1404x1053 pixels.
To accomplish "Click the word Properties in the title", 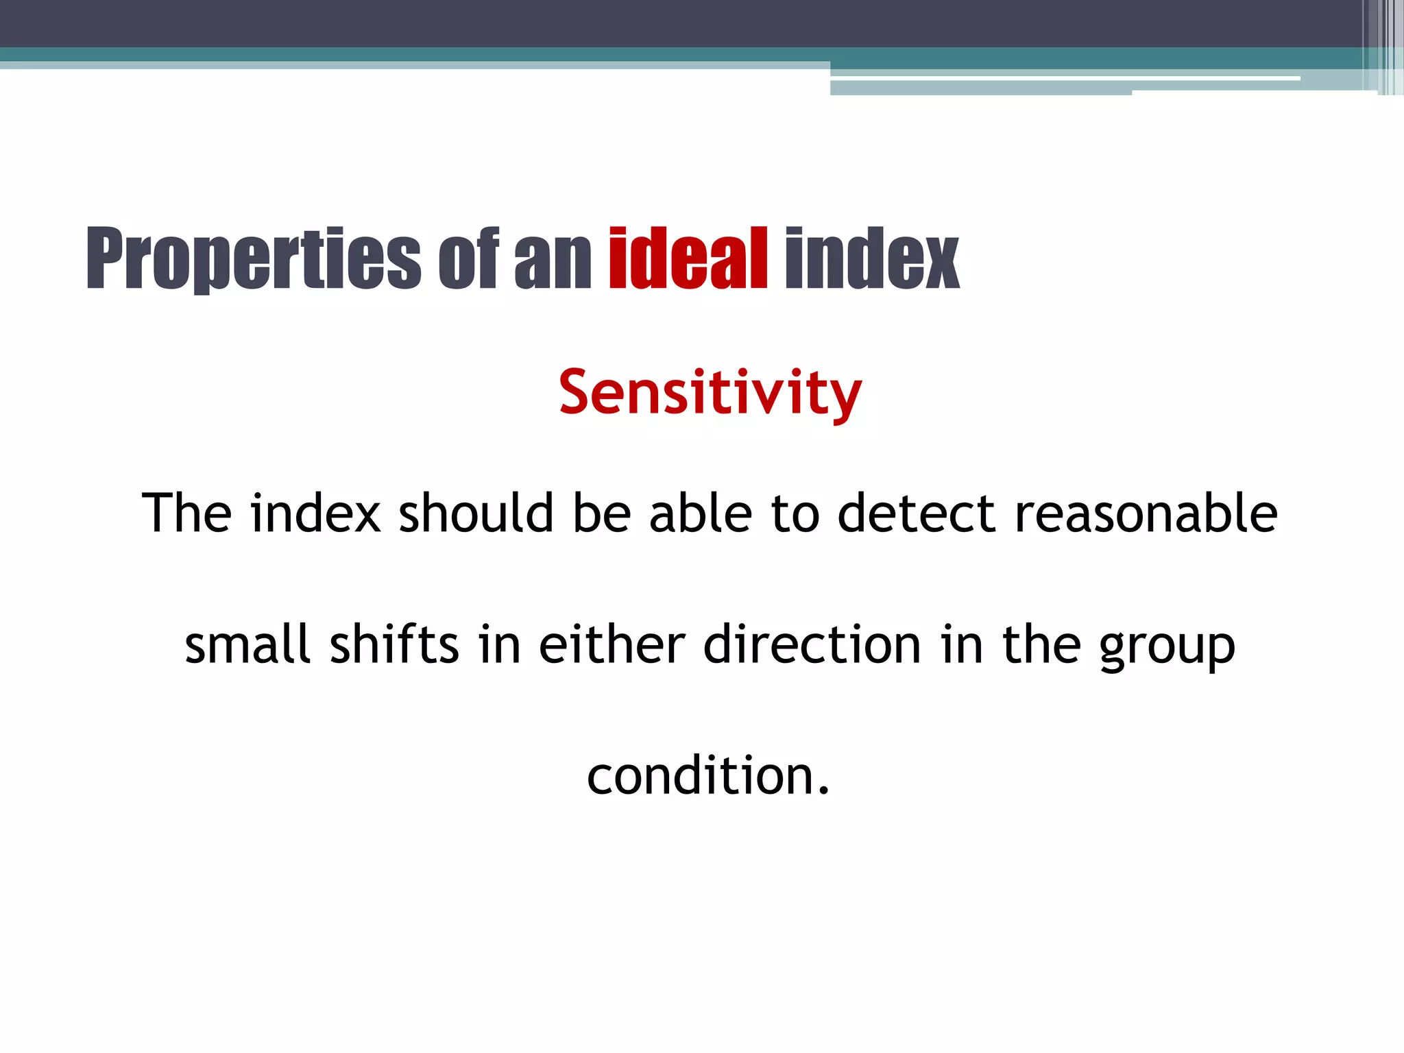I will (254, 258).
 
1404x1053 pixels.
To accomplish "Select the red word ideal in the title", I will (688, 258).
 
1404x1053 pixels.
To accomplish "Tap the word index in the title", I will (871, 258).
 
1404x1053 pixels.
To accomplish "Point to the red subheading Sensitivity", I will (710, 393).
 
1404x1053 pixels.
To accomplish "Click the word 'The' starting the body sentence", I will (186, 513).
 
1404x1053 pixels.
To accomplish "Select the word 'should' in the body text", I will (476, 513).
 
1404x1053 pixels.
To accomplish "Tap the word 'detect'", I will (916, 513).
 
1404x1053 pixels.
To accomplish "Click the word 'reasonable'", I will (1146, 513).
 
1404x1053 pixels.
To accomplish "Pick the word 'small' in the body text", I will (247, 644).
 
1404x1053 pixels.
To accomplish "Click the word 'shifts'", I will (394, 644).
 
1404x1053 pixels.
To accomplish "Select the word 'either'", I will (612, 644).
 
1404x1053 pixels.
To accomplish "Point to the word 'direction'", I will (812, 644).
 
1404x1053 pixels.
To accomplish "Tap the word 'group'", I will (1167, 648).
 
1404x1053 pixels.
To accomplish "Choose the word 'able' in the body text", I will (700, 513).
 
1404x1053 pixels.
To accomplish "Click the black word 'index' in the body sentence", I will (315, 513).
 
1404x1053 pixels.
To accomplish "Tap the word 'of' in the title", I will (468, 258).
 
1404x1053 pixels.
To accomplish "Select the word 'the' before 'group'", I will (1041, 644).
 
